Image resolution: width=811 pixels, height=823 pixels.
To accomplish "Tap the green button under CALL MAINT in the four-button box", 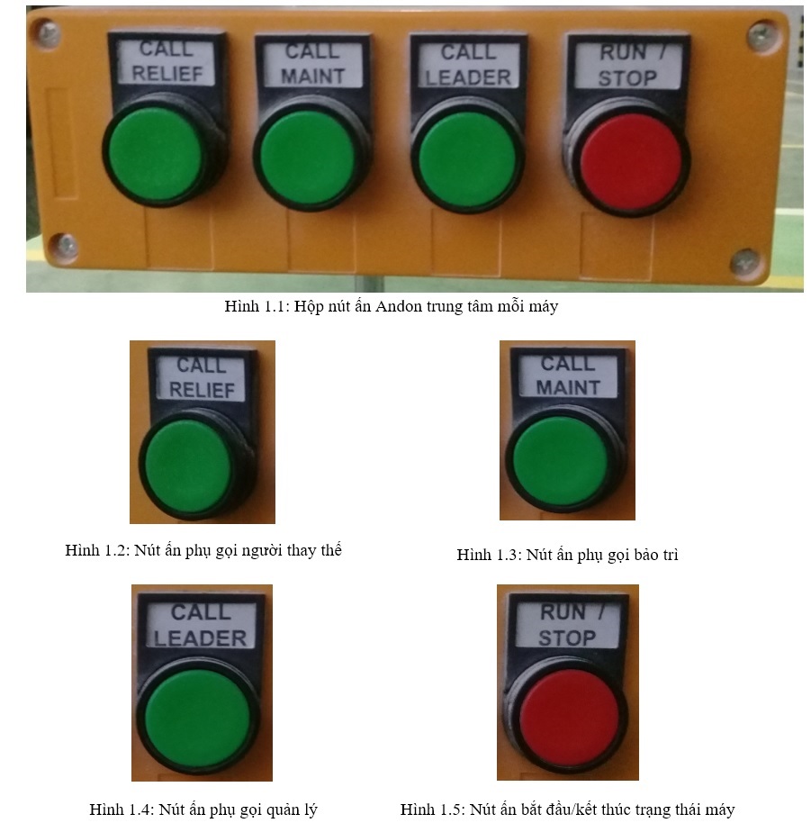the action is [308, 157].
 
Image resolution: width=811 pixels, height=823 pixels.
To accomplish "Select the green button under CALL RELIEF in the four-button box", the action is [156, 153].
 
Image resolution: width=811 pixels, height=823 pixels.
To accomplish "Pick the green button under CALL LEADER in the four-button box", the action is [467, 158].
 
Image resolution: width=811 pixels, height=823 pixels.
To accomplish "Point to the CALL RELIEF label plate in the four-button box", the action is [167, 62].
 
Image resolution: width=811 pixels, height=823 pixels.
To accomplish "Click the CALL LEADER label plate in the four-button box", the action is [468, 65].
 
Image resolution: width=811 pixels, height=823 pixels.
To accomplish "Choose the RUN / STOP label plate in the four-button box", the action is [628, 66].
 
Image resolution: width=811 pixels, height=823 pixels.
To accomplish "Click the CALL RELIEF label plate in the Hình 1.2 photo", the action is [202, 378].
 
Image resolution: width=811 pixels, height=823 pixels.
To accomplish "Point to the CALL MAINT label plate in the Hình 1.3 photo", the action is [568, 375].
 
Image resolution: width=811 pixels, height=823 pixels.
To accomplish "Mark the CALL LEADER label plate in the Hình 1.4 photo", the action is [201, 625].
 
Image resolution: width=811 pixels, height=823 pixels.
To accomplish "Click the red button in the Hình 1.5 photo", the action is [569, 718].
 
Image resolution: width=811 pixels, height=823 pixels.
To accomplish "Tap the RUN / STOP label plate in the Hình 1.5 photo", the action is [568, 624].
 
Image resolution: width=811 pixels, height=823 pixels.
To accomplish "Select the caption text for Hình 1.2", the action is [203, 550].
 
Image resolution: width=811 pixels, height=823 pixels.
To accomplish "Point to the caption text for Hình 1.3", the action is [568, 555].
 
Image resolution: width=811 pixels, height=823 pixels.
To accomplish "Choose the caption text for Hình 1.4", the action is [203, 809].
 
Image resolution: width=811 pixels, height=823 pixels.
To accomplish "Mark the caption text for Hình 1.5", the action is [568, 809].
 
